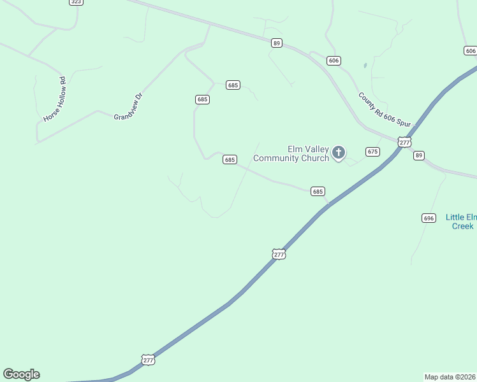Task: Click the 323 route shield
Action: (76, 2)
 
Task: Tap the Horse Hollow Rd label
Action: (55, 99)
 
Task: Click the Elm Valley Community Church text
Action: (291, 153)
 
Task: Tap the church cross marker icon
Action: (339, 153)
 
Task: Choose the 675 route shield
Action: (372, 152)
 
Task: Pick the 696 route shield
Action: (429, 218)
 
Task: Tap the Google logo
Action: (21, 374)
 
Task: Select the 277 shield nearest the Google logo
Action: (148, 360)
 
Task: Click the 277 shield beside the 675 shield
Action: (404, 142)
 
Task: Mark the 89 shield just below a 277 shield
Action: (418, 155)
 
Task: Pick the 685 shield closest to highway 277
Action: (318, 191)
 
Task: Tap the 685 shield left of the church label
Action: (230, 160)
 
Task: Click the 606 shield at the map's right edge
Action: (471, 51)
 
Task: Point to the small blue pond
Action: (365, 65)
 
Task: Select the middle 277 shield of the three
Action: (279, 254)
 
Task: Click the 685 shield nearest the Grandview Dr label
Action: (202, 99)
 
